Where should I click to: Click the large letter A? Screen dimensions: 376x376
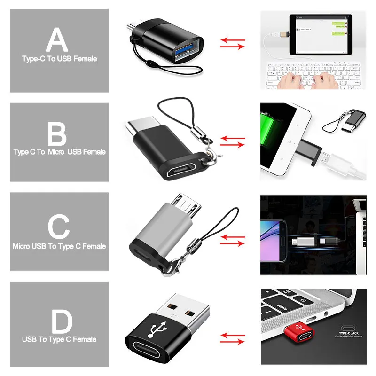point(57,39)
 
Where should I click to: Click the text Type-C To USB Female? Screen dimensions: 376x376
point(59,59)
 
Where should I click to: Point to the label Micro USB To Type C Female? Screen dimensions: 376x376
point(59,246)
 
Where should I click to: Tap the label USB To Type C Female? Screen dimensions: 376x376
point(59,339)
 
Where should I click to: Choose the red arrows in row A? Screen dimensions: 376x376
point(233,44)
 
